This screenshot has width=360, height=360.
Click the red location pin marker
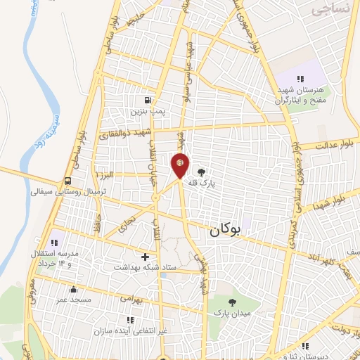(180, 166)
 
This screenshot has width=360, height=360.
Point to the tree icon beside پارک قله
(202, 171)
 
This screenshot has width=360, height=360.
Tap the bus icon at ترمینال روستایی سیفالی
(67, 180)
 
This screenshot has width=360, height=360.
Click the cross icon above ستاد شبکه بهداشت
(146, 257)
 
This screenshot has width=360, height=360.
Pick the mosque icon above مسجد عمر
(73, 290)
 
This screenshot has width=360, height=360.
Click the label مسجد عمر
(72, 300)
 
